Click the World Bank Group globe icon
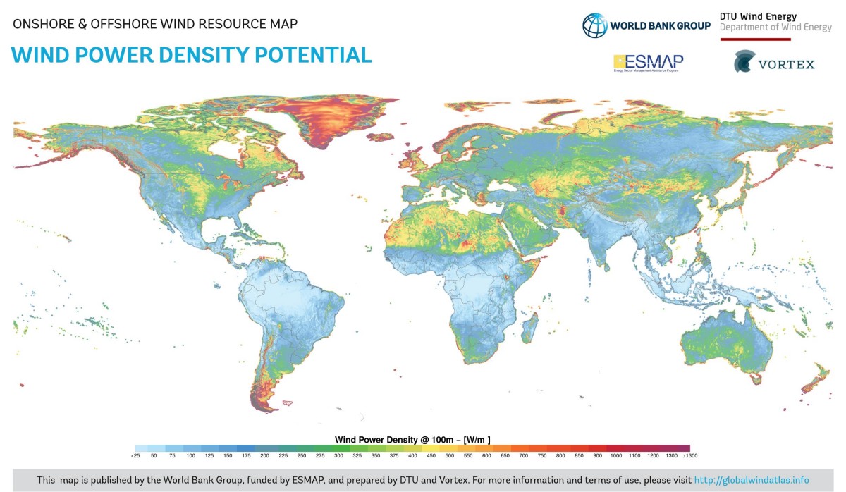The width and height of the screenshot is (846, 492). coord(594,25)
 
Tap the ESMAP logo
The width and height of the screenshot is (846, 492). coord(648,63)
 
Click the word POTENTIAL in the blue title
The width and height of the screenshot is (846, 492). coord(309,55)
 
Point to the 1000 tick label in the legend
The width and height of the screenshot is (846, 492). coord(615,456)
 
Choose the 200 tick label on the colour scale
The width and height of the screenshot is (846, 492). coord(264,456)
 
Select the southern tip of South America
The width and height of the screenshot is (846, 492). coord(264,407)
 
